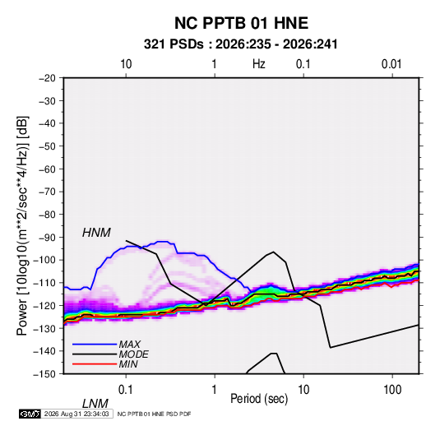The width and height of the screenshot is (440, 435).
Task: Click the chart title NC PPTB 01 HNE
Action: pyautogui.click(x=241, y=23)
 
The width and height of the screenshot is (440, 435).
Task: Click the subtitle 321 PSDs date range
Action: pyautogui.click(x=240, y=44)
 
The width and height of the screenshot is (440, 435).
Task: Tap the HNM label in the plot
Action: pyautogui.click(x=96, y=233)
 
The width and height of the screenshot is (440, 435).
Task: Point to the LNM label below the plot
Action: pyautogui.click(x=95, y=404)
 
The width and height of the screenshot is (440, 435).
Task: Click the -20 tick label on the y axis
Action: pyautogui.click(x=47, y=78)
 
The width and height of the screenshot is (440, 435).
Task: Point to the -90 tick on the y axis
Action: pyautogui.click(x=47, y=237)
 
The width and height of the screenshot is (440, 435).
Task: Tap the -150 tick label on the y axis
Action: pyautogui.click(x=44, y=374)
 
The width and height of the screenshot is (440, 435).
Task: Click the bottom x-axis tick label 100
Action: pyautogui.click(x=392, y=390)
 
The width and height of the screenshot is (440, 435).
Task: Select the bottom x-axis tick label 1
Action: pyautogui.click(x=215, y=390)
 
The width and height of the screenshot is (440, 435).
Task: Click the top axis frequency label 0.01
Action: pyautogui.click(x=391, y=64)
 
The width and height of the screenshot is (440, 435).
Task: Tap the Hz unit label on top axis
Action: pyautogui.click(x=259, y=64)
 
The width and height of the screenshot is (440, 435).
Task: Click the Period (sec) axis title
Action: pyautogui.click(x=259, y=399)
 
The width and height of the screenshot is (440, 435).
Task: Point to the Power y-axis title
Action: pyautogui.click(x=22, y=225)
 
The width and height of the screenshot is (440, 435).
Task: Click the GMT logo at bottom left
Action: pyautogui.click(x=30, y=414)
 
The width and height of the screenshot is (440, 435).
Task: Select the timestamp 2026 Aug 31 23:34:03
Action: pyautogui.click(x=76, y=414)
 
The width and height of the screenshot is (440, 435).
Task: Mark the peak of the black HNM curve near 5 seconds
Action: pyautogui.click(x=273, y=252)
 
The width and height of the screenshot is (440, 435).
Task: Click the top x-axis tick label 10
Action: pyautogui.click(x=126, y=64)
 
